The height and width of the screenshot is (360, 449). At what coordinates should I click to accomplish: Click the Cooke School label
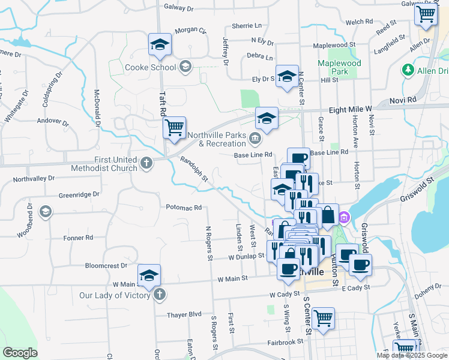(150, 67)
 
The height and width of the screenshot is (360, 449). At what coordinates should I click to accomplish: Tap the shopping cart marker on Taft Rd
(175, 128)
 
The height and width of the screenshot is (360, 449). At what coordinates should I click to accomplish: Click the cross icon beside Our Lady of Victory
(159, 295)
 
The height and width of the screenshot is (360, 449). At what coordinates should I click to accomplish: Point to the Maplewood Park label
(339, 67)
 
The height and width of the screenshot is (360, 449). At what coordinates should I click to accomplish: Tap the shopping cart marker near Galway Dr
(426, 14)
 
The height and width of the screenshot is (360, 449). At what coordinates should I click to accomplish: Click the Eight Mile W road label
(351, 109)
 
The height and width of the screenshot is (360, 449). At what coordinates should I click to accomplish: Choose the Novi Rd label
(403, 100)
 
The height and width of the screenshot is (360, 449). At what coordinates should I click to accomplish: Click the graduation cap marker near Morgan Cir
(160, 44)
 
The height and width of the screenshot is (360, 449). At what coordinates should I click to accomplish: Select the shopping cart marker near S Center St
(323, 317)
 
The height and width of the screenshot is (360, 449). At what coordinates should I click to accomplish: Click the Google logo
(20, 353)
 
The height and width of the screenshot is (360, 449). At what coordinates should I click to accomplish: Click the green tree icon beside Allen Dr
(408, 70)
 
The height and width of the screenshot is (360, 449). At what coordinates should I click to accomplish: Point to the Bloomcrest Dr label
(107, 265)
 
